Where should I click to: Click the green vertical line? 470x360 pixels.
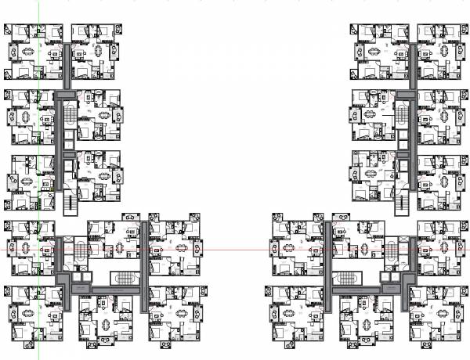(38, 157)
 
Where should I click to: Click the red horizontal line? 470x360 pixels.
(235, 249)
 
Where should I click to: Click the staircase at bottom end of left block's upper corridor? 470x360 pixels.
(70, 203)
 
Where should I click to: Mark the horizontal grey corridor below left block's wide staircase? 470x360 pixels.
(110, 290)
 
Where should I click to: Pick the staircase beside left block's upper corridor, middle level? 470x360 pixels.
(70, 113)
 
